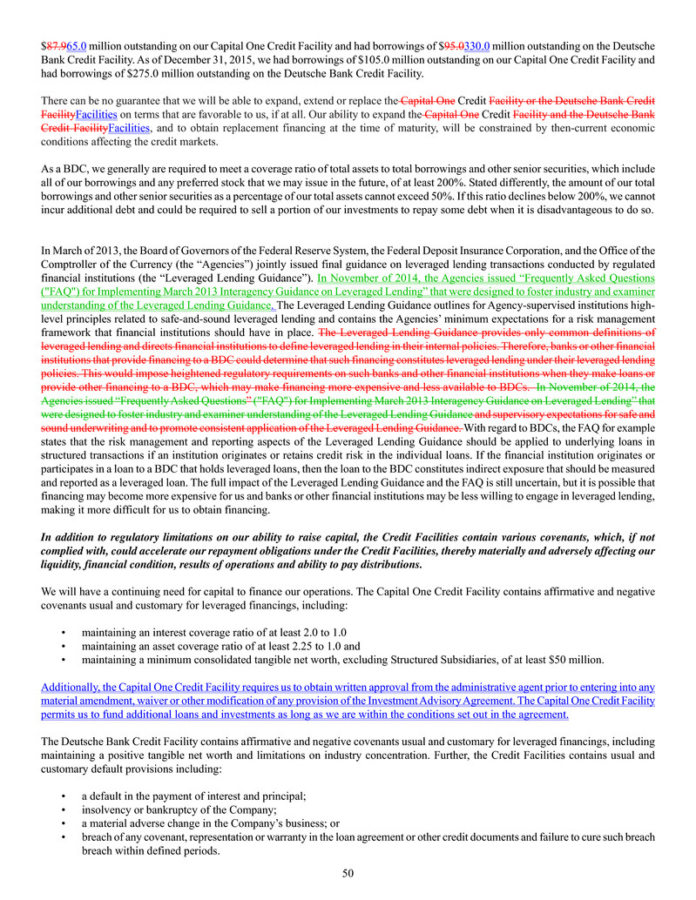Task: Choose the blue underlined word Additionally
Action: [x=72, y=687]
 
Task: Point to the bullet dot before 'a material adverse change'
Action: [x=64, y=823]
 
